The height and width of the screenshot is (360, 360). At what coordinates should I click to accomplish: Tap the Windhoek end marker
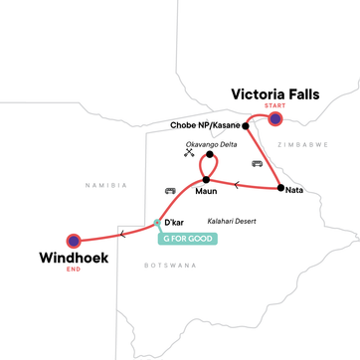pyautogui.click(x=74, y=240)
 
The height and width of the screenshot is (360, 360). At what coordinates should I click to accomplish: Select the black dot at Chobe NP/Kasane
pyautogui.click(x=246, y=126)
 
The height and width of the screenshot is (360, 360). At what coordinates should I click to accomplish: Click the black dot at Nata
pyautogui.click(x=280, y=188)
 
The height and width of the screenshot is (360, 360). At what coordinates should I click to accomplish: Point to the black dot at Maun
pyautogui.click(x=206, y=180)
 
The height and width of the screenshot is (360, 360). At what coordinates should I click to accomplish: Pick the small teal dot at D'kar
pyautogui.click(x=156, y=223)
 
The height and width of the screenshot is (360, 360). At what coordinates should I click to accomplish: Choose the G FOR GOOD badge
pyautogui.click(x=188, y=238)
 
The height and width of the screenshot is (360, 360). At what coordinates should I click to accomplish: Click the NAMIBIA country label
pyautogui.click(x=106, y=185)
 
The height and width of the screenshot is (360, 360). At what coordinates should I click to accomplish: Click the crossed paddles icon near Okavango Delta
pyautogui.click(x=188, y=153)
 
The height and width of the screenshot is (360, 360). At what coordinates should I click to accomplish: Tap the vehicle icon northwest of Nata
pyautogui.click(x=258, y=162)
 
